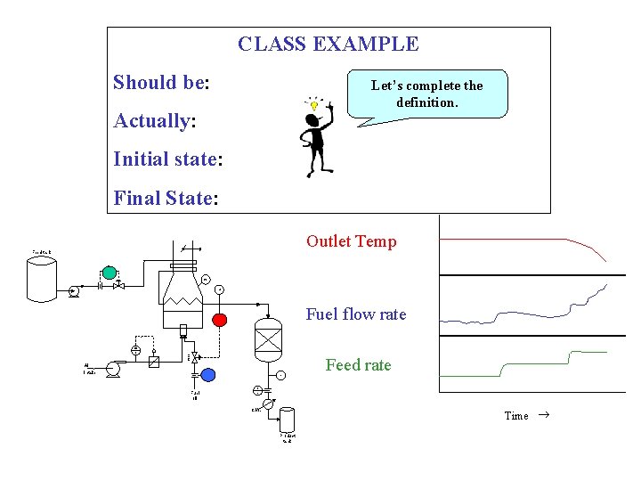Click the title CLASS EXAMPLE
pyautogui.click(x=328, y=44)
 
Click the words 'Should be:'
pyautogui.click(x=161, y=83)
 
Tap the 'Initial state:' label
pyautogui.click(x=167, y=159)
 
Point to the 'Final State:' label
pyautogui.click(x=166, y=198)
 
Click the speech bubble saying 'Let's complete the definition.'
pyautogui.click(x=426, y=94)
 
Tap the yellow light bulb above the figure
pyautogui.click(x=313, y=105)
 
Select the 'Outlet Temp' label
pyautogui.click(x=351, y=241)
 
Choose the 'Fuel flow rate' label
pyautogui.click(x=355, y=314)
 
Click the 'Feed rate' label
pyautogui.click(x=358, y=365)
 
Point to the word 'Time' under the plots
pyautogui.click(x=516, y=416)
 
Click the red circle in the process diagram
pyautogui.click(x=219, y=319)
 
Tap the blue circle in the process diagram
pyautogui.click(x=208, y=374)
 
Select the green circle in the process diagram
pyautogui.click(x=109, y=272)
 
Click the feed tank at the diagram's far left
pyautogui.click(x=42, y=279)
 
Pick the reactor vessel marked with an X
pyautogui.click(x=268, y=338)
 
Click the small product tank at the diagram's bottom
pyautogui.click(x=287, y=420)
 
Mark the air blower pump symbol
pyautogui.click(x=112, y=370)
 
